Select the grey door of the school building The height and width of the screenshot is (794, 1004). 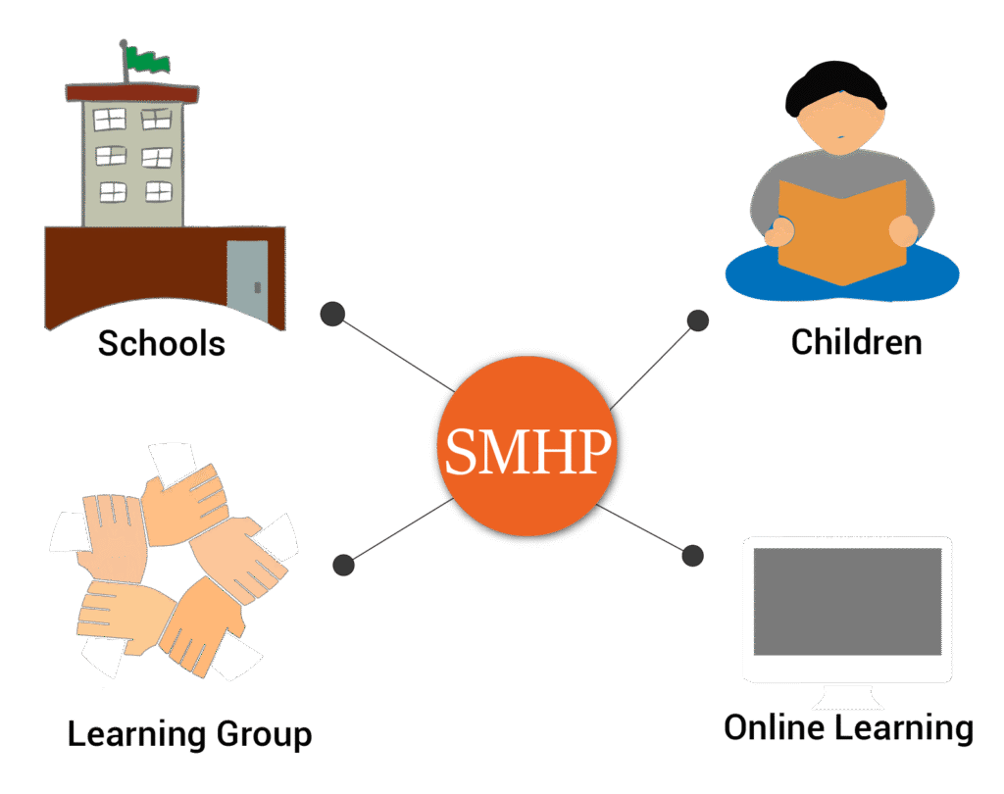pyautogui.click(x=247, y=278)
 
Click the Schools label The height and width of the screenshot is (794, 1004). pyautogui.click(x=162, y=344)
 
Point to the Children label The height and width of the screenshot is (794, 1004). pyautogui.click(x=856, y=342)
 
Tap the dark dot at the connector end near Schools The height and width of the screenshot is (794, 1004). pyautogui.click(x=333, y=314)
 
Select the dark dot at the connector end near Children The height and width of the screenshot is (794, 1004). pyautogui.click(x=697, y=320)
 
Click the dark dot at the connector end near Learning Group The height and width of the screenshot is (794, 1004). pyautogui.click(x=343, y=565)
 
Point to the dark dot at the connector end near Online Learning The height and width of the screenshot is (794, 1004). pyautogui.click(x=692, y=555)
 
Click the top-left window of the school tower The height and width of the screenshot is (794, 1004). pyautogui.click(x=110, y=121)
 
